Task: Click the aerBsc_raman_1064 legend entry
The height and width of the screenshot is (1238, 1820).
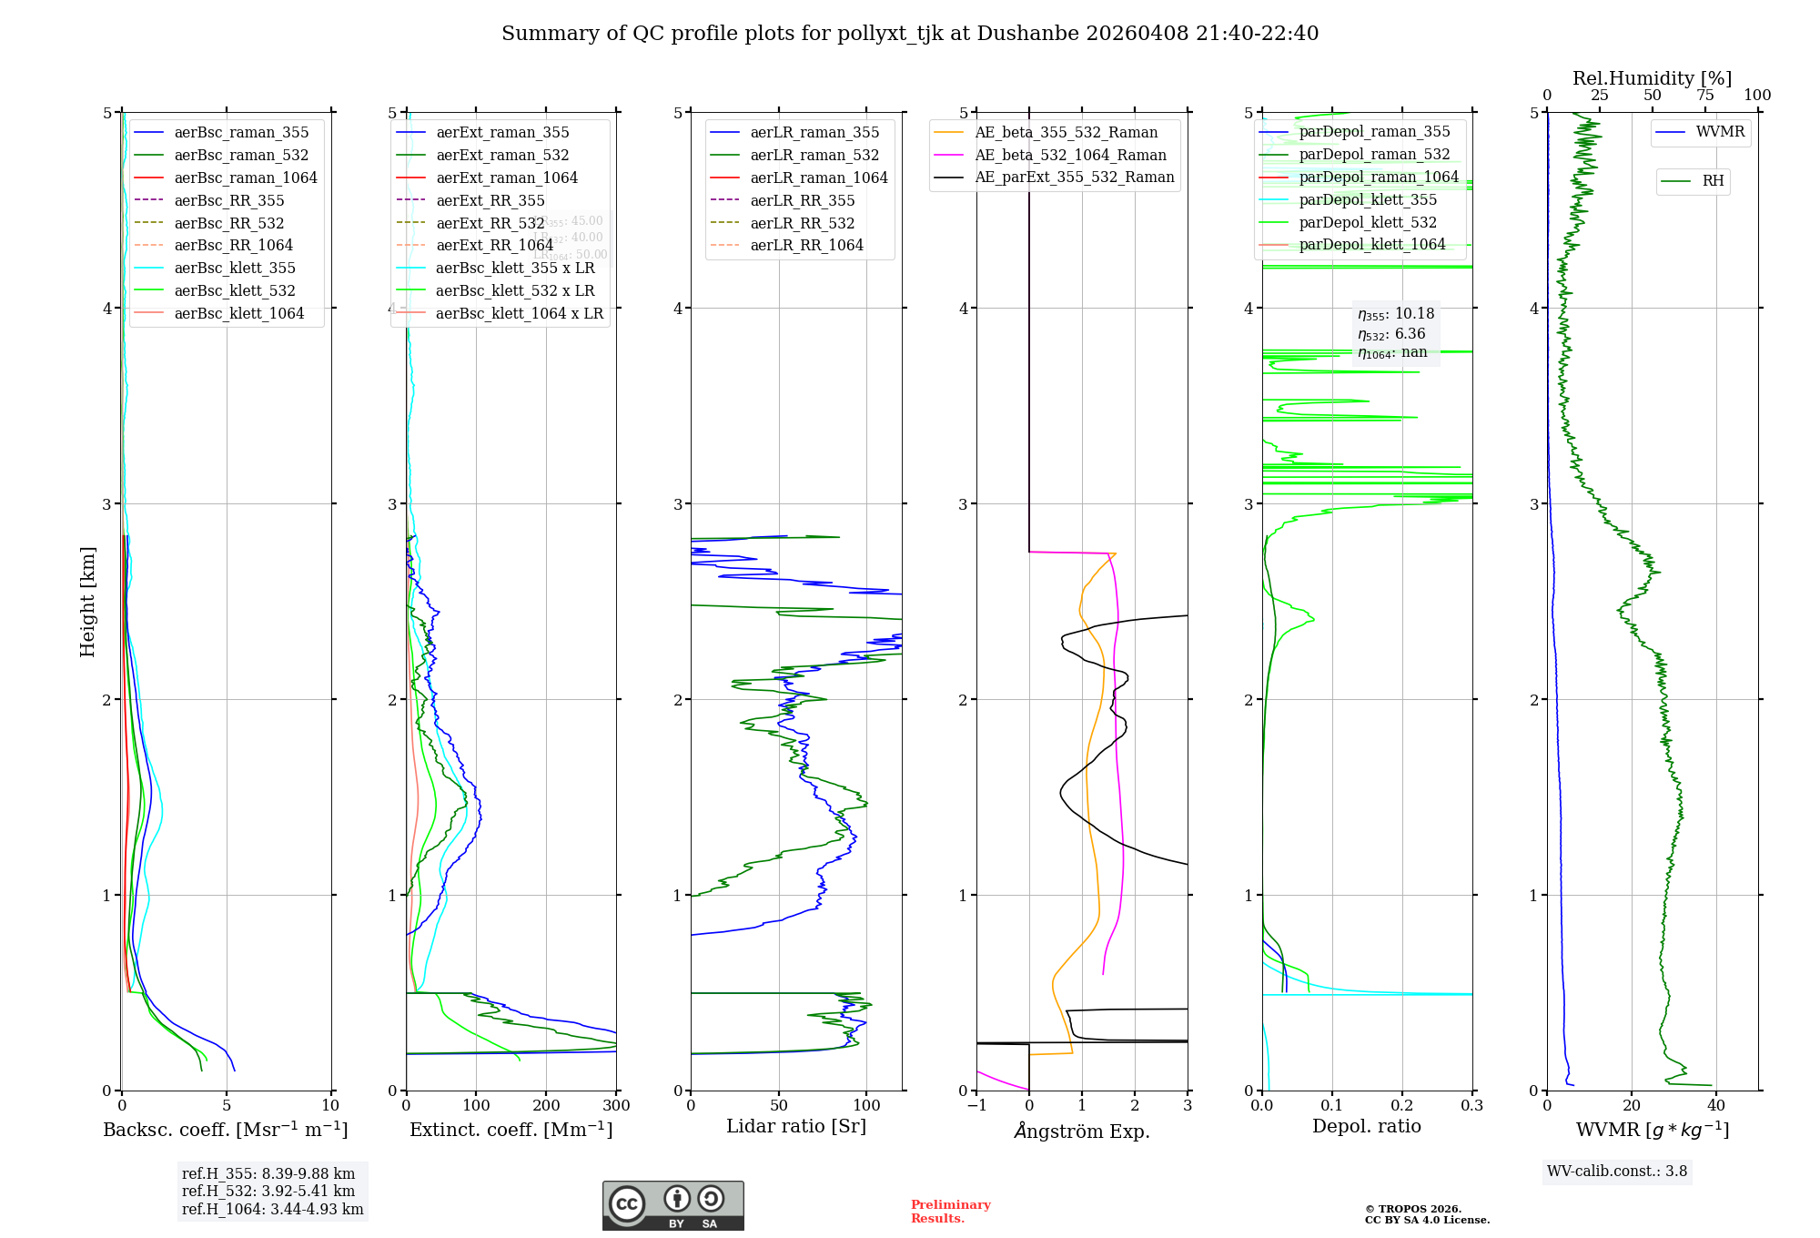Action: pos(245,178)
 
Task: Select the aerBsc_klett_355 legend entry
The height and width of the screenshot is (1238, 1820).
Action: pos(234,268)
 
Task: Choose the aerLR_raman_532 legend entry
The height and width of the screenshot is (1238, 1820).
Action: pos(814,155)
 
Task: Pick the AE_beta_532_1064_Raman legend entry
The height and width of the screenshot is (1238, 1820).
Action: pos(1069,155)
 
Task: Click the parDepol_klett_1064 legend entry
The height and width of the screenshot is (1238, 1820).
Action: pos(1371,244)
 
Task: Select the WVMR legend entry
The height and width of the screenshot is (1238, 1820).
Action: pos(1719,132)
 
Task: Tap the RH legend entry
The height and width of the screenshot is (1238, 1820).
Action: pos(1712,181)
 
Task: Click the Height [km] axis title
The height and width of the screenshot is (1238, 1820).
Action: pos(87,602)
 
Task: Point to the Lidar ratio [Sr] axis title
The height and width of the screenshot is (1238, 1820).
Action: pos(796,1126)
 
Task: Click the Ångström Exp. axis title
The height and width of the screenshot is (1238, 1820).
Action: pos(1082,1131)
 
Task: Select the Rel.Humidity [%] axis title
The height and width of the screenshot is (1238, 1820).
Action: pos(1652,78)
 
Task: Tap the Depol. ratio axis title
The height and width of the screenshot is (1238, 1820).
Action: pos(1366,1126)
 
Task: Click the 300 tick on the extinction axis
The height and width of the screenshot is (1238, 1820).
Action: pos(616,1106)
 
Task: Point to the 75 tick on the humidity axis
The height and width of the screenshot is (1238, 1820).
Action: pos(1704,96)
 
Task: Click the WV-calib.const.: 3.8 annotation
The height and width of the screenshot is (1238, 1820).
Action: pos(1616,1172)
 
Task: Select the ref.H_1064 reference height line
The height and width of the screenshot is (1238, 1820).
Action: pos(272,1209)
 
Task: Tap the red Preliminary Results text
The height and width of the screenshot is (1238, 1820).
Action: pos(950,1212)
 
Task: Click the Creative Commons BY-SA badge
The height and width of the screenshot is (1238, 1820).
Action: pos(672,1205)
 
